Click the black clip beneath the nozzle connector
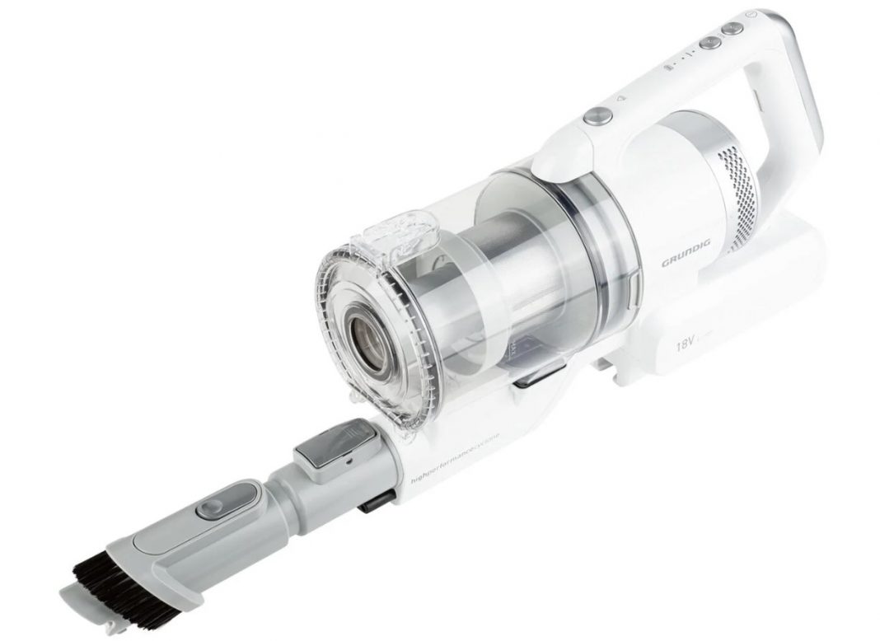pyautogui.click(x=375, y=502)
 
